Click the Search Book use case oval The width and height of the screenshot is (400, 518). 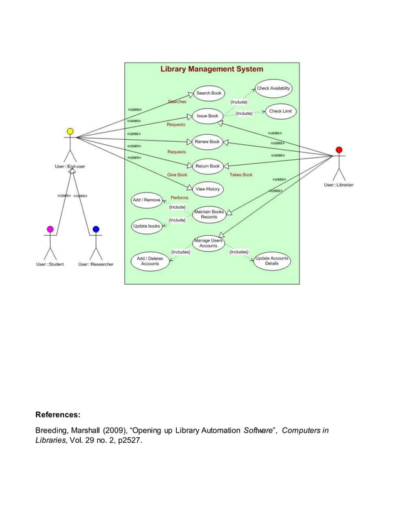tap(209, 93)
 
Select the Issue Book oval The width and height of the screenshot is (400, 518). tap(208, 116)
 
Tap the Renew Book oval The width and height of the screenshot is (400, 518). tap(207, 142)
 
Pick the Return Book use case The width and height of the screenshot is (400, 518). tap(207, 166)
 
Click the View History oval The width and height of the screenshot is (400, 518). tap(208, 189)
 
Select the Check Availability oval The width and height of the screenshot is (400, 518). tap(273, 88)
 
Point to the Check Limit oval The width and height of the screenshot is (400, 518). tap(280, 112)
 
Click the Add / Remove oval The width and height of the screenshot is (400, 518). tap(147, 200)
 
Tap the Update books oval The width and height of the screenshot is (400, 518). tap(147, 226)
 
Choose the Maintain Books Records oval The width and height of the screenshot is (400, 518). tap(209, 214)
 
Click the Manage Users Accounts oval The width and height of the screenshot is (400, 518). tap(208, 243)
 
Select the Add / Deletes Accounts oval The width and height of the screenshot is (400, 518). tap(150, 262)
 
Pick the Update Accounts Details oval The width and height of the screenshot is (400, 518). tap(272, 262)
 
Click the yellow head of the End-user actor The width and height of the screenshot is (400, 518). tap(70, 132)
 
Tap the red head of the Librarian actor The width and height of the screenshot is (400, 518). tap(339, 150)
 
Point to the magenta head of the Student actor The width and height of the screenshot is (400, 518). tap(50, 230)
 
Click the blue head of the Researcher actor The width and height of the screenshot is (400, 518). tap(96, 230)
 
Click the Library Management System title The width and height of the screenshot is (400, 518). tap(212, 69)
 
